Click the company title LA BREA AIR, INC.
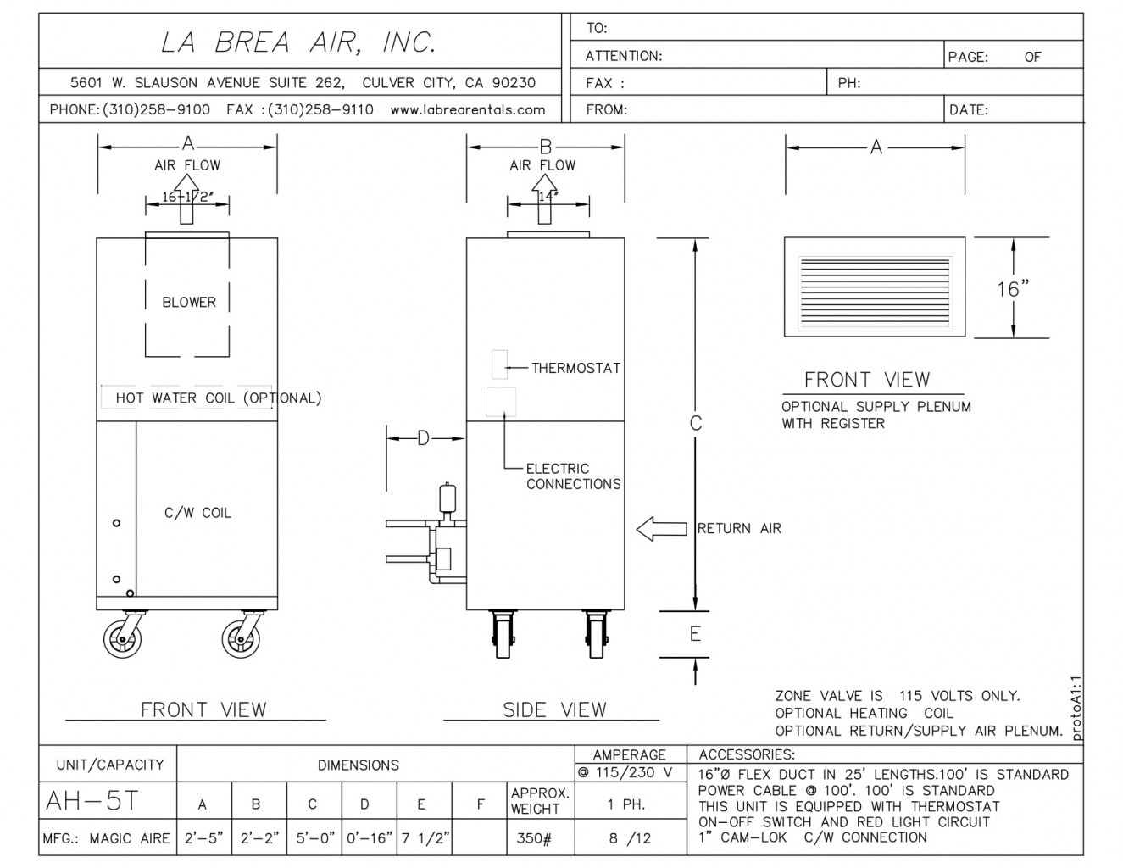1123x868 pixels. click(x=298, y=42)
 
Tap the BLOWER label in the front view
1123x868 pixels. click(x=189, y=302)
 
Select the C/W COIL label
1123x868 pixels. click(x=197, y=513)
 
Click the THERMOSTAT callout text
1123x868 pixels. click(x=575, y=368)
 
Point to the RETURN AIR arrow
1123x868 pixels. click(x=661, y=529)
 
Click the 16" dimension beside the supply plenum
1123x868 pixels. click(x=1013, y=289)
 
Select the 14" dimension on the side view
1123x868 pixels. click(x=548, y=196)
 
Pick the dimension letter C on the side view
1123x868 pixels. click(x=695, y=423)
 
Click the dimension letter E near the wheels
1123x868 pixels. click(x=695, y=634)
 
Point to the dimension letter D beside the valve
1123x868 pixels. click(x=423, y=438)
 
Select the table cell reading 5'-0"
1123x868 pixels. click(x=313, y=838)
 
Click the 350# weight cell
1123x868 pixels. click(x=534, y=838)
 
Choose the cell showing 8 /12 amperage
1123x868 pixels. click(x=630, y=838)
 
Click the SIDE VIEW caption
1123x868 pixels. click(x=554, y=709)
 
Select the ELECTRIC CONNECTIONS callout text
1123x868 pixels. click(x=573, y=476)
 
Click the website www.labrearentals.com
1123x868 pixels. click(x=467, y=109)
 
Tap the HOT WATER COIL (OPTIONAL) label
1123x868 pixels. click(x=219, y=398)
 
